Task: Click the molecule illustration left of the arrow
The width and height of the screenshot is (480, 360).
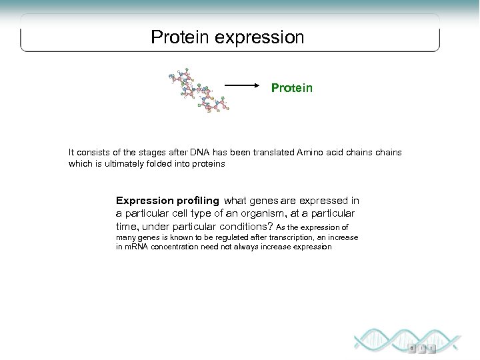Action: click(199, 92)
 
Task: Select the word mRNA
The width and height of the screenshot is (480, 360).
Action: click(137, 247)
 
